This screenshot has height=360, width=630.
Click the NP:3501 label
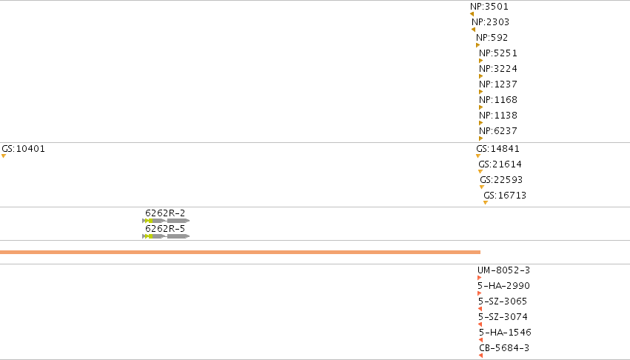pyautogui.click(x=489, y=7)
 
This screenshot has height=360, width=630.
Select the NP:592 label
pyautogui.click(x=492, y=38)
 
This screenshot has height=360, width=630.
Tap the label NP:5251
pyautogui.click(x=497, y=53)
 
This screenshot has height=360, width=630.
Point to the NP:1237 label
pyautogui.click(x=497, y=84)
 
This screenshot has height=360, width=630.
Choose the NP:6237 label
pyautogui.click(x=497, y=130)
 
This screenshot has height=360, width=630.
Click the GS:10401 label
pyautogui.click(x=23, y=149)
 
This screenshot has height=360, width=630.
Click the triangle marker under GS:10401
pyautogui.click(x=4, y=156)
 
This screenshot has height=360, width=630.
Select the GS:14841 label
pyautogui.click(x=497, y=149)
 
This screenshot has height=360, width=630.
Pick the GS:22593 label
pyautogui.click(x=501, y=180)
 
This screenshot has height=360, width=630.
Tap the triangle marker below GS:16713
pyautogui.click(x=486, y=203)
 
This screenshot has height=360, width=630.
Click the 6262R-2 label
pyautogui.click(x=165, y=213)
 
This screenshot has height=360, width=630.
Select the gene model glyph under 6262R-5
pyautogui.click(x=166, y=236)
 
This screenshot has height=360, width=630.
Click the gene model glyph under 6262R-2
pyautogui.click(x=166, y=221)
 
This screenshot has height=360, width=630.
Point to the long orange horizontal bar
pyautogui.click(x=241, y=252)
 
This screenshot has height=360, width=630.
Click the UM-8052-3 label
pyautogui.click(x=504, y=270)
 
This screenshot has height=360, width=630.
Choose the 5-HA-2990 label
pyautogui.click(x=503, y=286)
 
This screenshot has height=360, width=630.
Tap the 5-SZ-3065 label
pyautogui.click(x=503, y=301)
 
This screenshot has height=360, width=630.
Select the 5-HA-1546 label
pyautogui.click(x=505, y=333)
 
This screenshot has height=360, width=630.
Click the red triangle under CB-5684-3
pyautogui.click(x=480, y=356)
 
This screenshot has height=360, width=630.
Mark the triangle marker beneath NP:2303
pyautogui.click(x=473, y=30)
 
